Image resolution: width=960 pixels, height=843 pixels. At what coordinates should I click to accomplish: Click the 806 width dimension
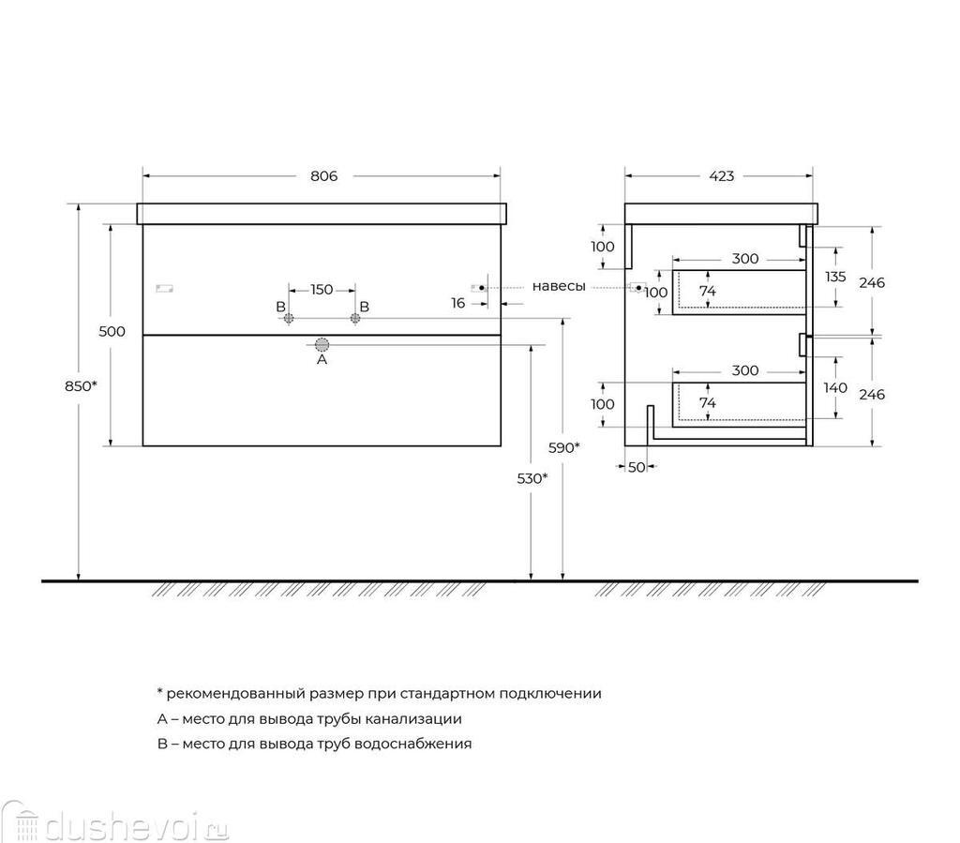[323, 175]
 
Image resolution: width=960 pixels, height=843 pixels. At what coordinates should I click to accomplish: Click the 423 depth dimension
[721, 175]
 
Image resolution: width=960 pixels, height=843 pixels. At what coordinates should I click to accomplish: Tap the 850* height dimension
[81, 385]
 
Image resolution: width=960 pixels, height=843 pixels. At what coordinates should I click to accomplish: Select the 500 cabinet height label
[112, 331]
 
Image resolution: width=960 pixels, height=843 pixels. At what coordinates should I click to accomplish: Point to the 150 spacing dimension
[322, 289]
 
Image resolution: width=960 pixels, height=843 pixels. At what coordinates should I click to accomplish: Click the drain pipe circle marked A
[322, 345]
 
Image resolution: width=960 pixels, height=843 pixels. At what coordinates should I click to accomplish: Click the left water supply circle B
[289, 318]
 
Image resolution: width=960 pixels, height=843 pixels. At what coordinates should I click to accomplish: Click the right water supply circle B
[355, 318]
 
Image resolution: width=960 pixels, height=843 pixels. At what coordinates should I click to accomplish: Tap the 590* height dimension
[563, 447]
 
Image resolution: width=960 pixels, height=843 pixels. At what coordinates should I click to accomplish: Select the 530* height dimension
[532, 478]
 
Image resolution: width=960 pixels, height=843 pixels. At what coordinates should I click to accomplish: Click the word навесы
[559, 286]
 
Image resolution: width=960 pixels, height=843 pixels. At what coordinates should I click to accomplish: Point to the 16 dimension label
[457, 303]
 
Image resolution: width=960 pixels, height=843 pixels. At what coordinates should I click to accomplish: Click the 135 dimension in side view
[835, 277]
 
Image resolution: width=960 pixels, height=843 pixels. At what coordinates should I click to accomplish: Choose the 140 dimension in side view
[835, 387]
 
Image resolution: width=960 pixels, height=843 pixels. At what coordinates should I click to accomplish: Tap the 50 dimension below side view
[637, 467]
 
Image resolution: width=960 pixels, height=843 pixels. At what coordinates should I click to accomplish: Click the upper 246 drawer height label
[872, 282]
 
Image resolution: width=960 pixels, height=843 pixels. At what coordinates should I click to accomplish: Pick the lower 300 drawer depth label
[745, 370]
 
